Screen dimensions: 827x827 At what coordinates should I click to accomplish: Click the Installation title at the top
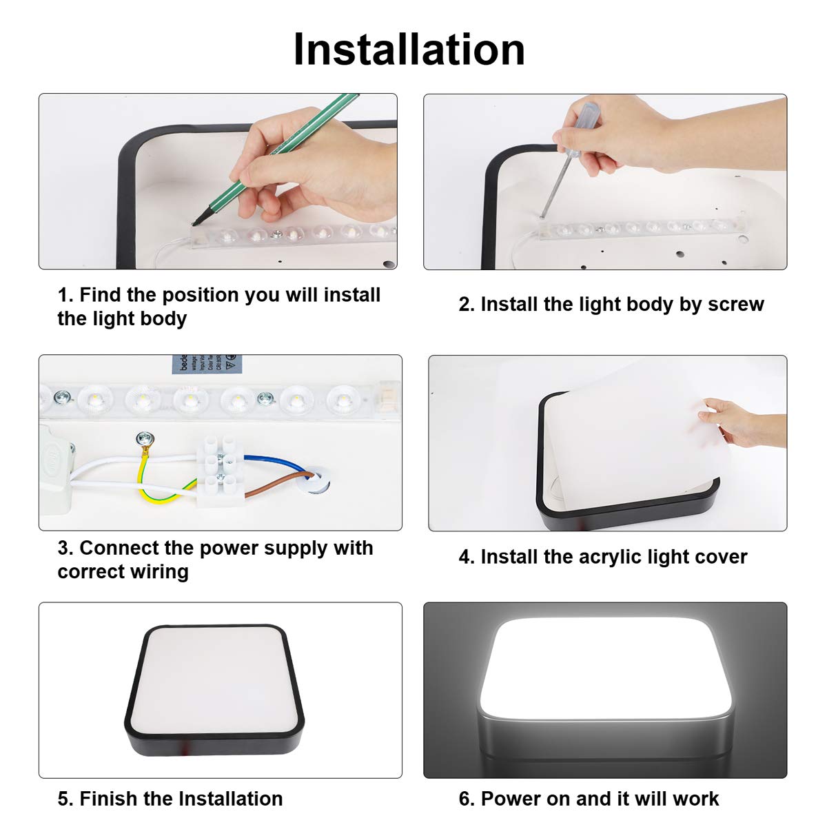(x=409, y=50)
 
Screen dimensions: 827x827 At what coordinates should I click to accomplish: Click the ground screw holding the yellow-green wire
(x=145, y=438)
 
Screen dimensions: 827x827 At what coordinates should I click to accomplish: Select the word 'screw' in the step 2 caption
(x=735, y=305)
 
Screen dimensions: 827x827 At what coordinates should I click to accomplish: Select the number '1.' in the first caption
(x=65, y=295)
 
